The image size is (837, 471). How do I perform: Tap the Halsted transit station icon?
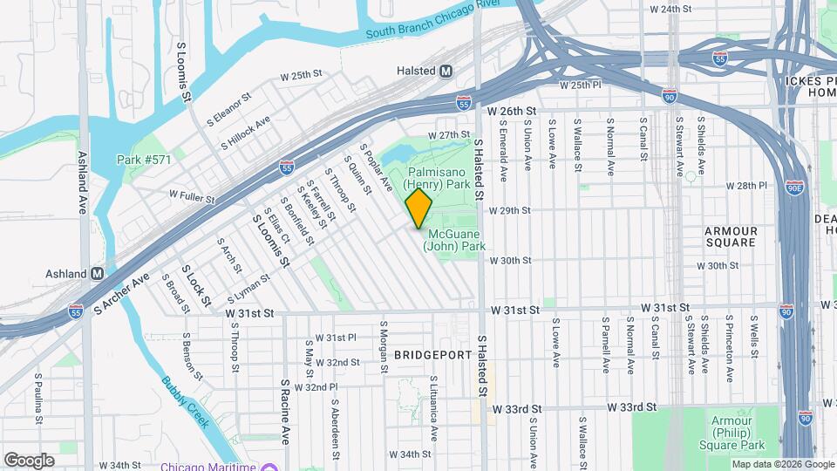pos(446,71)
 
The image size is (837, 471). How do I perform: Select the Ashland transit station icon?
pos(98,273)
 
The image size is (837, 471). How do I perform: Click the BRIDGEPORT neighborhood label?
pos(432,355)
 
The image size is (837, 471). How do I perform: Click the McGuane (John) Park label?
pos(454,240)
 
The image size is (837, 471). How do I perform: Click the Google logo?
pos(29,460)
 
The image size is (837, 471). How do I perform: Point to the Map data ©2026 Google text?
pos(783,464)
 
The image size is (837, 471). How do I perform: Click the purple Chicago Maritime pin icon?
pos(270,466)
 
